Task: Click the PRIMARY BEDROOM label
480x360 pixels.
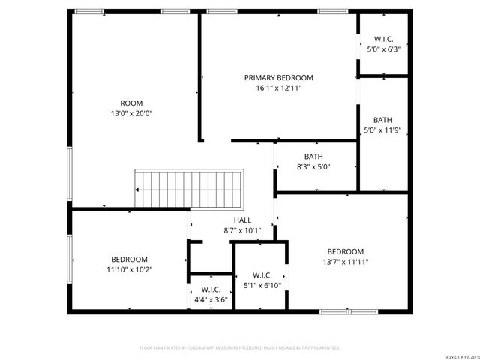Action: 278,77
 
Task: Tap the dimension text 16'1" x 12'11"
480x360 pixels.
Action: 278,88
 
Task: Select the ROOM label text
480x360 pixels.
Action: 131,103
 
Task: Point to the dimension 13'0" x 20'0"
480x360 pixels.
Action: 131,113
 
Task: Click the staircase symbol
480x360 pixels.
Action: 189,190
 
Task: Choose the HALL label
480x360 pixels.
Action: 242,220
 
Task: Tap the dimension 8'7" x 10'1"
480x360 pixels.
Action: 242,230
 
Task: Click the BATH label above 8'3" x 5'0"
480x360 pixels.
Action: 313,157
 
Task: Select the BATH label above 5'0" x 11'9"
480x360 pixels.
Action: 382,120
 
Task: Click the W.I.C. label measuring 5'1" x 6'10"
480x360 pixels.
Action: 262,274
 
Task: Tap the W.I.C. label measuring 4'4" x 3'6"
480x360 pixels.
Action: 211,289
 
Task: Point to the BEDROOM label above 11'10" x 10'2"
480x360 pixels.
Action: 130,259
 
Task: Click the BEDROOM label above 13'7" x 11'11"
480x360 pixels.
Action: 345,251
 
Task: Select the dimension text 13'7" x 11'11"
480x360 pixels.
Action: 345,262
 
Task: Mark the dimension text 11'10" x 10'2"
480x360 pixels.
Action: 130,269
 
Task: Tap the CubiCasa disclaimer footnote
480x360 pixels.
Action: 240,348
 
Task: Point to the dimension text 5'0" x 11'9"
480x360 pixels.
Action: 382,130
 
